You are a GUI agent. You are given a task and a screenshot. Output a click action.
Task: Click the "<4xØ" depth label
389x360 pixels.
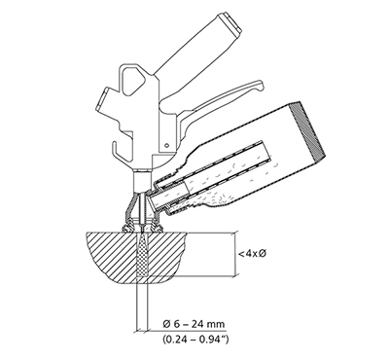click(252, 253)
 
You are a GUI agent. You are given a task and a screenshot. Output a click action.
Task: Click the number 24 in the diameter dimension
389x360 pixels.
click(197, 324)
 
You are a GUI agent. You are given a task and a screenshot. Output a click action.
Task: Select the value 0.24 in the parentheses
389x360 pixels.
click(175, 340)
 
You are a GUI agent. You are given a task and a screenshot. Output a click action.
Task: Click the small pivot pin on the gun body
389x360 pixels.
click(166, 145)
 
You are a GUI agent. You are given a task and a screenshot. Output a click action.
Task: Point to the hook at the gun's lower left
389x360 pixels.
click(118, 153)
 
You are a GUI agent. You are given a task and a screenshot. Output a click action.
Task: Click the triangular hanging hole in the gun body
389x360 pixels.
click(133, 81)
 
